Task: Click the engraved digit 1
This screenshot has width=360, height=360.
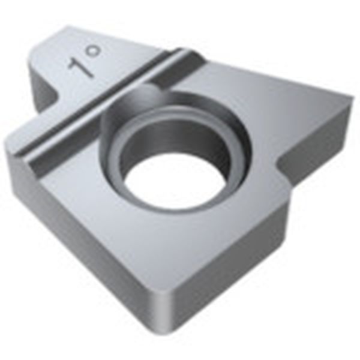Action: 81,68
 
